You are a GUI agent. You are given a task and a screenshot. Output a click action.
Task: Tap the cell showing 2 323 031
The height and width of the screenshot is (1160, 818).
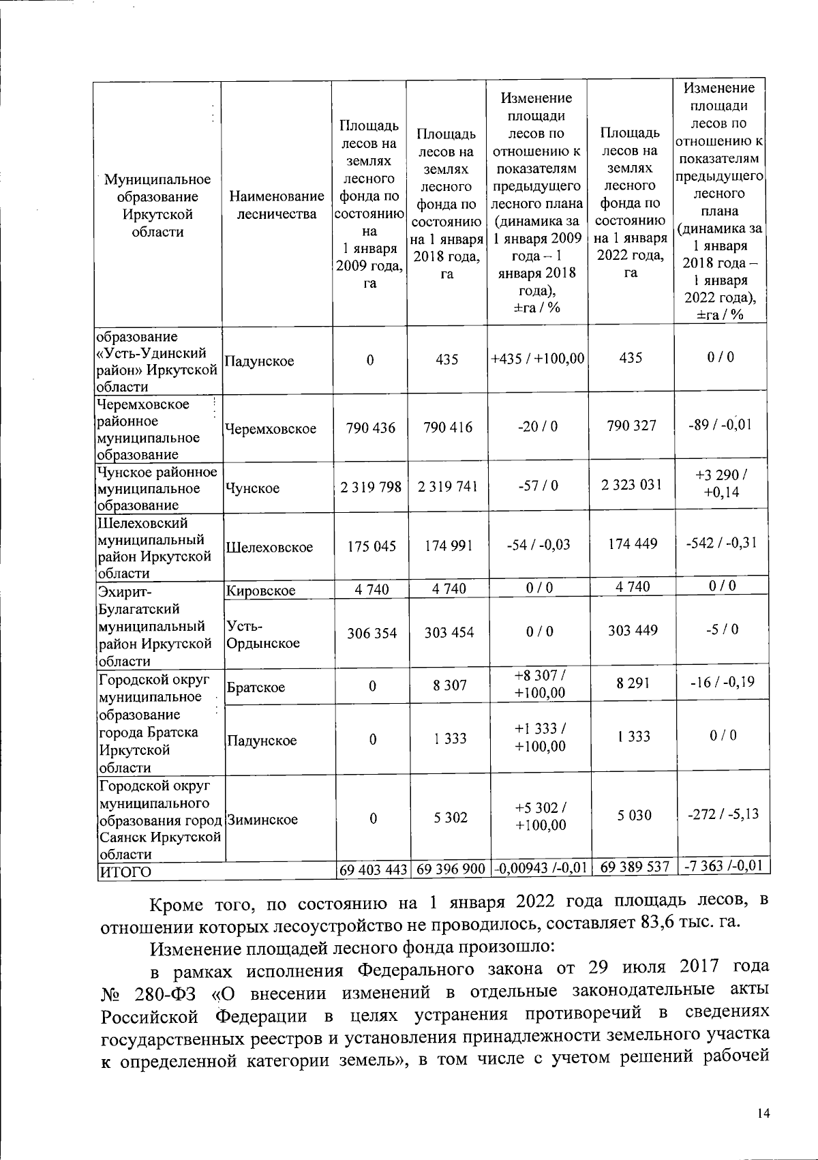tap(631, 485)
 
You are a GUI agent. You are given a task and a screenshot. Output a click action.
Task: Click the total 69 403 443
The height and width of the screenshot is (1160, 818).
tap(373, 869)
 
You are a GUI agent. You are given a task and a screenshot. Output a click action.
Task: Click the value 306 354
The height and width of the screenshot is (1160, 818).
tap(372, 633)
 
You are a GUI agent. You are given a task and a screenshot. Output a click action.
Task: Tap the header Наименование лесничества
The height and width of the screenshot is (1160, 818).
tap(276, 205)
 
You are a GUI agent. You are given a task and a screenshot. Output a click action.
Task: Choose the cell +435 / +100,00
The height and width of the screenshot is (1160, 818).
tap(538, 358)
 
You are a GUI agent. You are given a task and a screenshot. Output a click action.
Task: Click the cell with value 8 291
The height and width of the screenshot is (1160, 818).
tap(633, 683)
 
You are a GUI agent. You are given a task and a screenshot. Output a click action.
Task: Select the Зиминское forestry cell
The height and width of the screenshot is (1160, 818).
tap(262, 820)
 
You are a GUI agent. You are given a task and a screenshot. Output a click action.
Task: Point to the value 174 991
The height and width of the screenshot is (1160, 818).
tap(447, 546)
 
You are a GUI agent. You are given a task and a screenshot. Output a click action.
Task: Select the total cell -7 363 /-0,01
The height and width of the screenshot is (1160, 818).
tap(723, 866)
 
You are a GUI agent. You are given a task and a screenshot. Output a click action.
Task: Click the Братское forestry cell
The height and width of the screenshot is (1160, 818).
tap(256, 687)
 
